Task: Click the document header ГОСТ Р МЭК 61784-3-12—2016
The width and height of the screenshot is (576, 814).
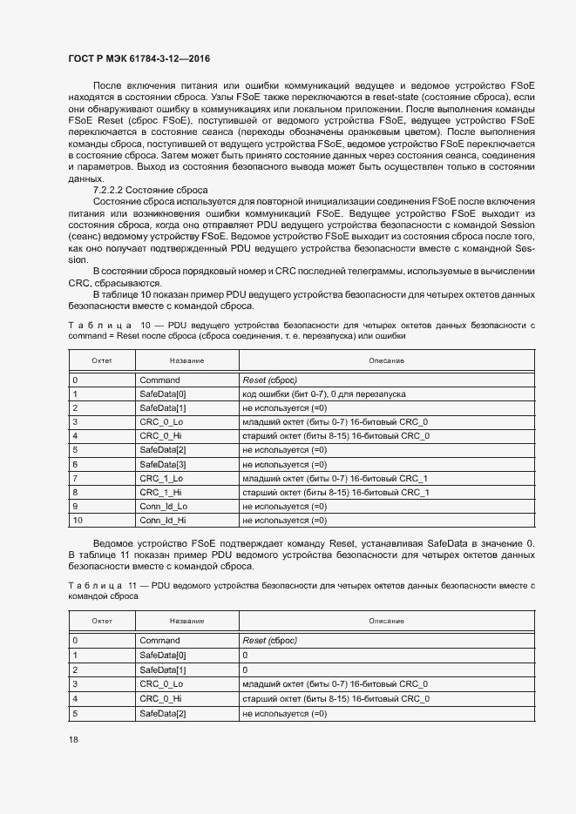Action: click(139, 59)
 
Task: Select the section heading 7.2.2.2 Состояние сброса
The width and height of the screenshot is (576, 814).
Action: click(151, 190)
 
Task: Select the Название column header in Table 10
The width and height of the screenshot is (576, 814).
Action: click(186, 360)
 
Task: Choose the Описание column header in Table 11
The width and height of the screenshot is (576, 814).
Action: click(386, 621)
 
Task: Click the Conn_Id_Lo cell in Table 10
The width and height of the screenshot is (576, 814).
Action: click(163, 506)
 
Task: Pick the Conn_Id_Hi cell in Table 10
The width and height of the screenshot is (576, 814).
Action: click(163, 521)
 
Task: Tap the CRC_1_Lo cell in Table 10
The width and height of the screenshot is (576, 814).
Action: click(161, 478)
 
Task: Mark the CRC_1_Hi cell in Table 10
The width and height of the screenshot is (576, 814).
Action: click(161, 492)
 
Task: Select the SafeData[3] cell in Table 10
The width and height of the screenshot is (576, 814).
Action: click(163, 464)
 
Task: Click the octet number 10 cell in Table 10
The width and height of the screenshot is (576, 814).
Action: click(77, 521)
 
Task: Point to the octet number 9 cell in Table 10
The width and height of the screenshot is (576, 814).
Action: click(75, 506)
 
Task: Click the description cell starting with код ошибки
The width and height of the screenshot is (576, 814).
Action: click(323, 394)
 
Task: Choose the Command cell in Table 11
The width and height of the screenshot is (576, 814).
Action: click(159, 640)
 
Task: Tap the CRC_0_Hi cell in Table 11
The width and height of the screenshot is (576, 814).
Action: click(161, 699)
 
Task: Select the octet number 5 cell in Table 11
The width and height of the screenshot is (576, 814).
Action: click(75, 714)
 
